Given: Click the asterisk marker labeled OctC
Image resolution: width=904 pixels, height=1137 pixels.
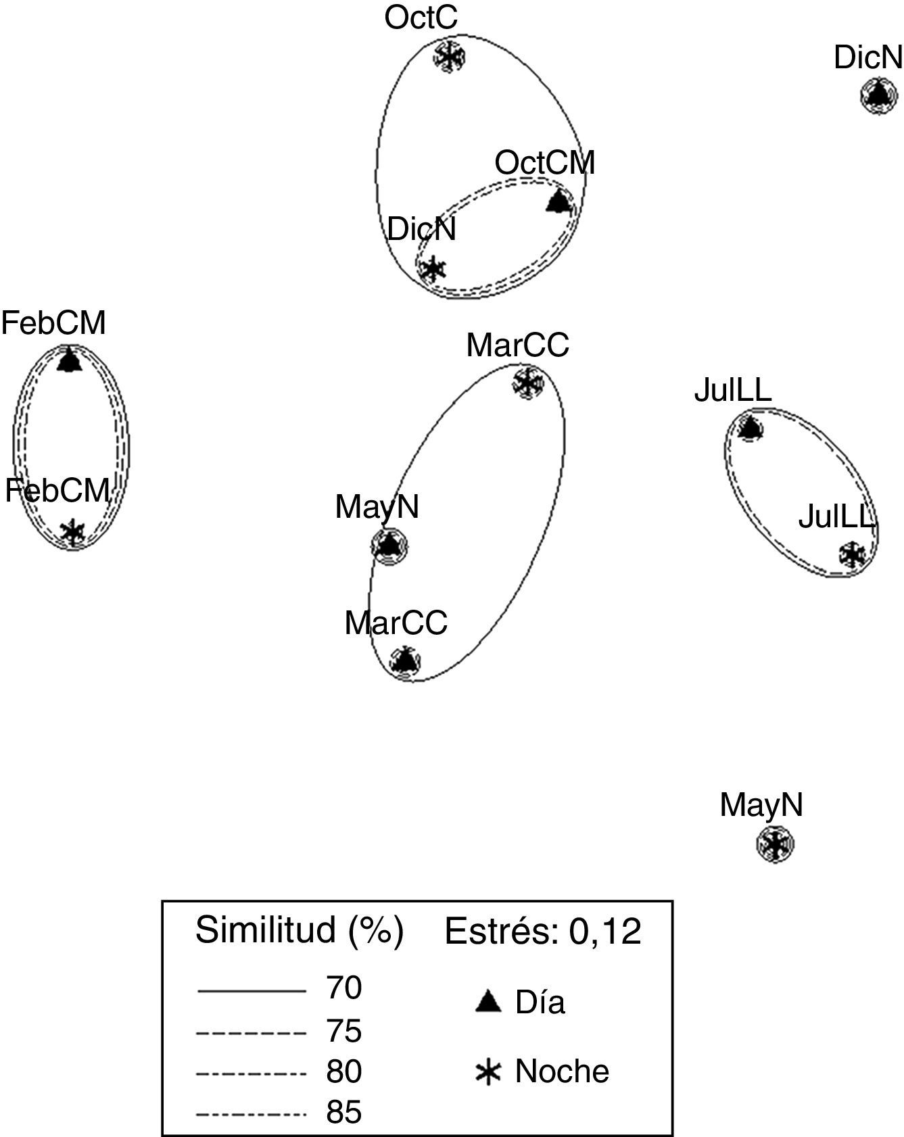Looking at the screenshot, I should [448, 57].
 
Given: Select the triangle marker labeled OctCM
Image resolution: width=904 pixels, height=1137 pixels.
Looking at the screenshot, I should [558, 201].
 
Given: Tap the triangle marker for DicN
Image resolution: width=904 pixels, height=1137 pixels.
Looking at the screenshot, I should [878, 95].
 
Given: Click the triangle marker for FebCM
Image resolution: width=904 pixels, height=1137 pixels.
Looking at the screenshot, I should [68, 360].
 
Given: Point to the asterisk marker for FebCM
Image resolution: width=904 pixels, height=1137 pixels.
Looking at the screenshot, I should [72, 532].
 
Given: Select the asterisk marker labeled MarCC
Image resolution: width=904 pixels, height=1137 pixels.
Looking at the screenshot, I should [527, 383].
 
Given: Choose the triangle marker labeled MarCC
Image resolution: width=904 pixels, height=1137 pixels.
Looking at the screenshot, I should [405, 660].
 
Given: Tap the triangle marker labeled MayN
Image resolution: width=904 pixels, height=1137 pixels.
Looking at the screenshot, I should [389, 545].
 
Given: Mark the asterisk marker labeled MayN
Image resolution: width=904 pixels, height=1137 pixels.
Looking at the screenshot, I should [774, 844].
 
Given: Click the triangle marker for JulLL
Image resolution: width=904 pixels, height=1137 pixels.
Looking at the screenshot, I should [749, 428].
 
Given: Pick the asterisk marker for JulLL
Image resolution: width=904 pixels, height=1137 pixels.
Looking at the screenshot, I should [852, 555].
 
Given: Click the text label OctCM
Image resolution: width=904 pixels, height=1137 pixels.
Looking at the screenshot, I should [545, 164].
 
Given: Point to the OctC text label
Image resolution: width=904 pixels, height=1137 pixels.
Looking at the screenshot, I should [421, 18].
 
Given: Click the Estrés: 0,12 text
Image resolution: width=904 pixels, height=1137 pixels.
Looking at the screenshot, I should [542, 932].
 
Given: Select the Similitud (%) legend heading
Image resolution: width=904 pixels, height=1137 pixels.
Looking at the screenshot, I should [300, 931].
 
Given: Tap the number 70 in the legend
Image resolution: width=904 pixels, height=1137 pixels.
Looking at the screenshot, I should [344, 988].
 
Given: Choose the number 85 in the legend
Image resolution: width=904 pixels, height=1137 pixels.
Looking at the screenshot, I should [344, 1113].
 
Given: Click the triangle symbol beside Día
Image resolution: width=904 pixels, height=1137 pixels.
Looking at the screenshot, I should [488, 1002].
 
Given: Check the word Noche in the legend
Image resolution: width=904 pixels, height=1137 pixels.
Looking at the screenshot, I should [562, 1071].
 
